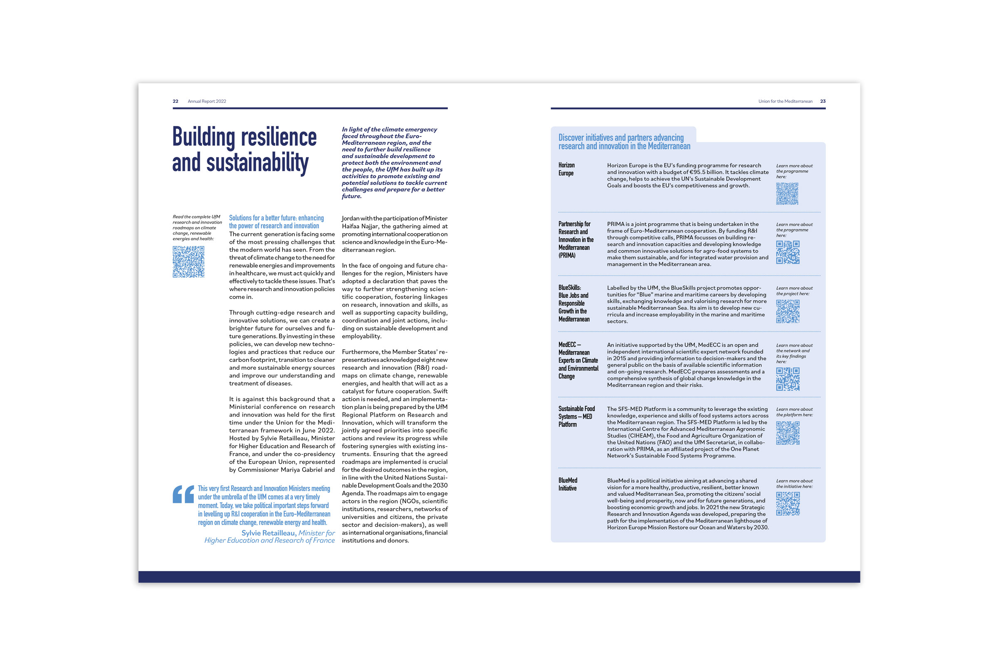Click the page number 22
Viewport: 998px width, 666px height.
(175, 101)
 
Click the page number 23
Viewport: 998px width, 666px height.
(823, 101)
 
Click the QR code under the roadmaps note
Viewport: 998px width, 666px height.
(188, 262)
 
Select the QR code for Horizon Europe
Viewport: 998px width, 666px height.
(787, 194)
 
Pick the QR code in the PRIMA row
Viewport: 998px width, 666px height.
(788, 252)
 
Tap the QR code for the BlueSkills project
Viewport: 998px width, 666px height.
(788, 311)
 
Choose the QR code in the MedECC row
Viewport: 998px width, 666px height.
(788, 379)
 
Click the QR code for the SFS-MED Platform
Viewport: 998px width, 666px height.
(788, 433)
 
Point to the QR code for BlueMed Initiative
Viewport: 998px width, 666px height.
(788, 504)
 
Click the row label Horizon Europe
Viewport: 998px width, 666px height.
(566, 169)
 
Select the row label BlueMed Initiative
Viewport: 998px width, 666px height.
(568, 484)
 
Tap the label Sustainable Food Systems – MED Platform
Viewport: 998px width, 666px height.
(576, 416)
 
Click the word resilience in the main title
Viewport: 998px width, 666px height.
(279, 137)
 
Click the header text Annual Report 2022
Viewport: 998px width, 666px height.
(207, 101)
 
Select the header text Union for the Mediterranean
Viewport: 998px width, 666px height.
(785, 101)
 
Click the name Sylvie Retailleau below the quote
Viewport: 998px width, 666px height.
(268, 533)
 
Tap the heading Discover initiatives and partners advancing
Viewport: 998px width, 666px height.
(621, 138)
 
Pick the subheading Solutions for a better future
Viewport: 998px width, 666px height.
(276, 218)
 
